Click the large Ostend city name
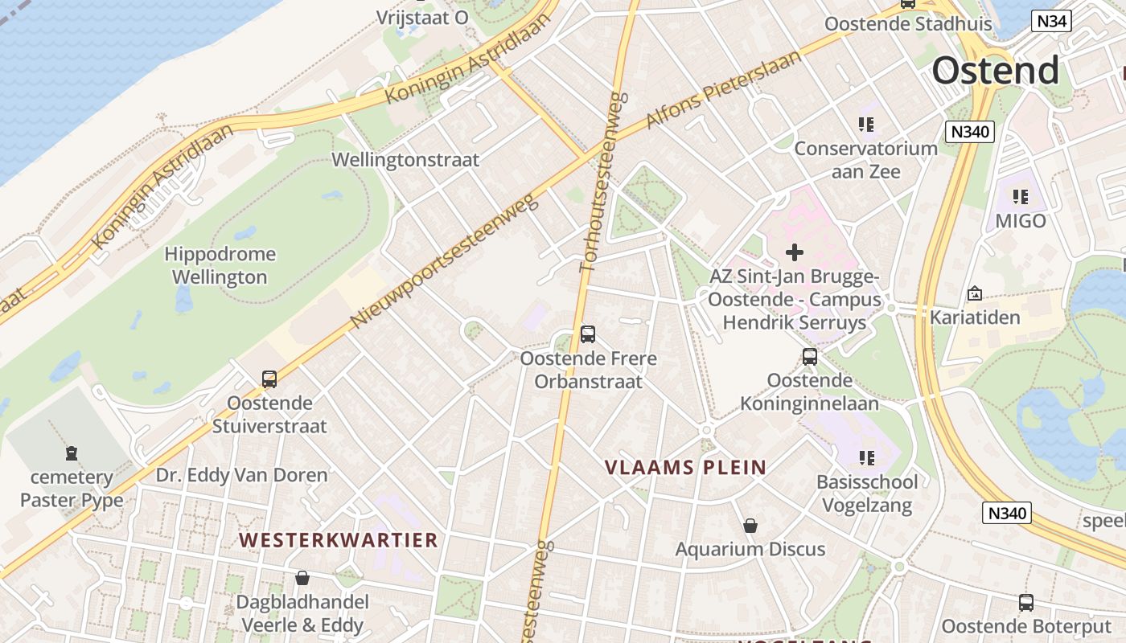click(996, 71)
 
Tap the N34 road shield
click(1052, 21)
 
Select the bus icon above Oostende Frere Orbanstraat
click(588, 334)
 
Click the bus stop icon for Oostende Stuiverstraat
click(269, 379)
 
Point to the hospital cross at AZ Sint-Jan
click(795, 252)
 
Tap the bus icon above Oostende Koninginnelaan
click(810, 357)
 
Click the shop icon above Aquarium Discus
click(750, 526)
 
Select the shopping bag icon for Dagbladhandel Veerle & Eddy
click(302, 578)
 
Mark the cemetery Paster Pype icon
click(72, 453)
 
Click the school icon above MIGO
click(1021, 196)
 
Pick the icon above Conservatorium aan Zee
click(866, 125)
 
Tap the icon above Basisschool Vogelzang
click(866, 458)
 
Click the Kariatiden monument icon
click(975, 293)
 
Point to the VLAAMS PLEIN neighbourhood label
click(685, 468)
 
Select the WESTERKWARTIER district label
click(339, 540)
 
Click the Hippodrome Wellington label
click(220, 266)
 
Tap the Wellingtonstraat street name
click(405, 160)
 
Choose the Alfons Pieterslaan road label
click(724, 89)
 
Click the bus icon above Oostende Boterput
click(1026, 603)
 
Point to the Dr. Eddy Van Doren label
click(241, 475)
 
